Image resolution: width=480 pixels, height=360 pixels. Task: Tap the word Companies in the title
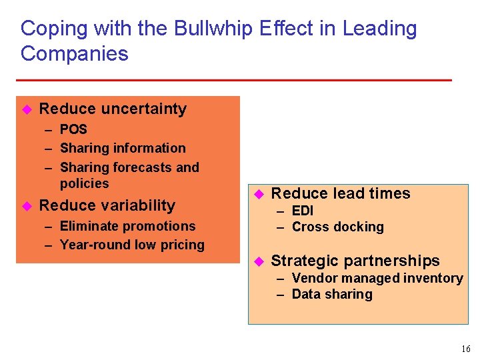click(x=74, y=53)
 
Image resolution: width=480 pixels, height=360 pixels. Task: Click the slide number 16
click(x=465, y=349)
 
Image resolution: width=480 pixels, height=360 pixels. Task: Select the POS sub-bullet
click(x=73, y=129)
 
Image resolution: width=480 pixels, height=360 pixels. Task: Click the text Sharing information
click(x=123, y=148)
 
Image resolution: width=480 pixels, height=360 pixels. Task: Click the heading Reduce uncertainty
click(x=113, y=109)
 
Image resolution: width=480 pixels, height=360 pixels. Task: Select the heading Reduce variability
click(x=107, y=205)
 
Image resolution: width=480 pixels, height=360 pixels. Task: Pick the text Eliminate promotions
click(x=127, y=226)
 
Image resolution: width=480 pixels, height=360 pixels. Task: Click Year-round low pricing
click(x=132, y=245)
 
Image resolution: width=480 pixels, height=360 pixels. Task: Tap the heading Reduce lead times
click(x=341, y=193)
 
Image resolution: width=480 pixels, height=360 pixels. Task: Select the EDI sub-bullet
click(x=303, y=211)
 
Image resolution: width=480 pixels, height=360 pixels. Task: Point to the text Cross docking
click(x=338, y=227)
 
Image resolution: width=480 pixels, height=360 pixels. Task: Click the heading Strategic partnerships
click(x=355, y=261)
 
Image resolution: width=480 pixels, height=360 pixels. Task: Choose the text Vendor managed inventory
click(x=377, y=278)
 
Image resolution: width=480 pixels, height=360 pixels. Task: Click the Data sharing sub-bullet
click(x=332, y=294)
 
